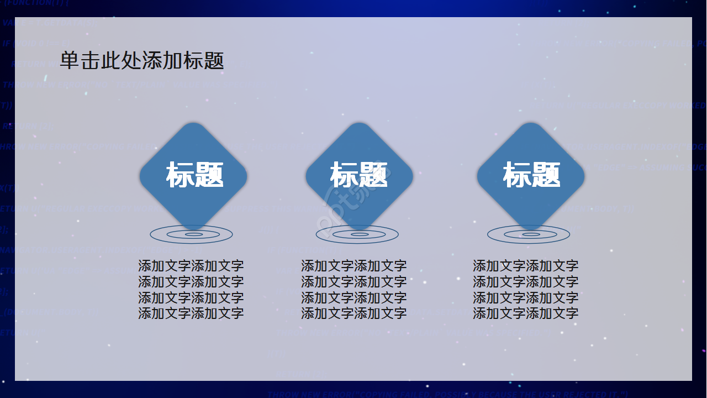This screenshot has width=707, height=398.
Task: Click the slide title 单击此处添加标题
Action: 142,61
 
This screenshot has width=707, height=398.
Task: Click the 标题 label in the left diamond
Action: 194,175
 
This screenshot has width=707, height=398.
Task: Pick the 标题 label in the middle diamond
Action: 359,175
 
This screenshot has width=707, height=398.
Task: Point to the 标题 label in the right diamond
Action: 531,175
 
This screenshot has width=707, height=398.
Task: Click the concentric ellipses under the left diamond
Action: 192,235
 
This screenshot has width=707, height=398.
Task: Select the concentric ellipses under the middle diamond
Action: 357,235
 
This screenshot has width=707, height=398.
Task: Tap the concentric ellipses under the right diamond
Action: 529,235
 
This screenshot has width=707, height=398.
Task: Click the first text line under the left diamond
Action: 191,266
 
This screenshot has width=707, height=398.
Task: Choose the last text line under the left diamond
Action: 191,313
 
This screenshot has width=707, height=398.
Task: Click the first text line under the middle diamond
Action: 353,266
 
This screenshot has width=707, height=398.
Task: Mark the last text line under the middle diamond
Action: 353,313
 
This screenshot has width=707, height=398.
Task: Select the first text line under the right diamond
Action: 525,266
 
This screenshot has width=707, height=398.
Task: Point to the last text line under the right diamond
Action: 525,313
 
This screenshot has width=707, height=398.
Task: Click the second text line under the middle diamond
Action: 353,282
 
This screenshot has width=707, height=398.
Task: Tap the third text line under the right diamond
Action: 525,298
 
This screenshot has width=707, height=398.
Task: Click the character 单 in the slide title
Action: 70,61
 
